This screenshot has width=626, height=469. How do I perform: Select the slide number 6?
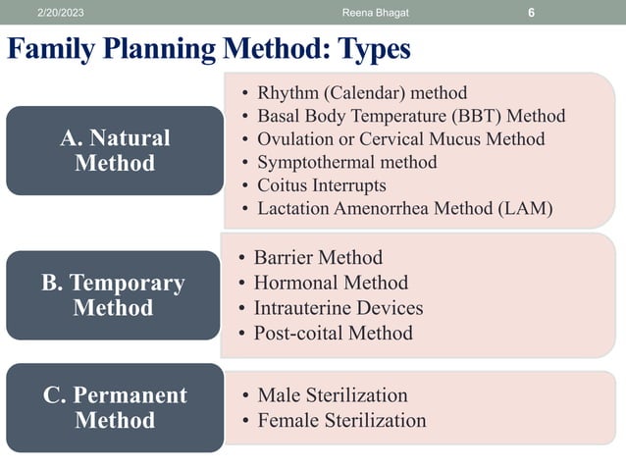(x=531, y=12)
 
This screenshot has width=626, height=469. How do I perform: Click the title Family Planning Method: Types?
(x=208, y=48)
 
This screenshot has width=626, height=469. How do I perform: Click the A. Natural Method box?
(x=115, y=150)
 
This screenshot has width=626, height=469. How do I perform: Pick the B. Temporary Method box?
(x=113, y=295)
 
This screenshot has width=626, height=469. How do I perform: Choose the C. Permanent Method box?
(x=115, y=408)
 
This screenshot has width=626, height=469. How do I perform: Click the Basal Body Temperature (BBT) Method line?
(x=410, y=117)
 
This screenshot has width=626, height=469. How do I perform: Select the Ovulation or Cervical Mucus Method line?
(x=400, y=139)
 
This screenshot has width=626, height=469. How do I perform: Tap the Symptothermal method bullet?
(x=346, y=162)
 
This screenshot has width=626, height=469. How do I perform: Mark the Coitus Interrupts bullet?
(x=321, y=184)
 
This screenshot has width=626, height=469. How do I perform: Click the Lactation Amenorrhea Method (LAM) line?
(x=404, y=208)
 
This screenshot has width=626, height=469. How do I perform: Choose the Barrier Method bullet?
(x=317, y=258)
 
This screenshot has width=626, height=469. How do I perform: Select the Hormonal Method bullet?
(x=330, y=283)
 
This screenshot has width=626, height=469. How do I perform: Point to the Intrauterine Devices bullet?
(x=338, y=308)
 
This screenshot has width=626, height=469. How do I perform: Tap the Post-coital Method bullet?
(x=333, y=333)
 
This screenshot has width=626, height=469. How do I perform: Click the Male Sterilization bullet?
(x=332, y=395)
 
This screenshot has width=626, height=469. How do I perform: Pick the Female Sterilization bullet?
(x=340, y=421)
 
